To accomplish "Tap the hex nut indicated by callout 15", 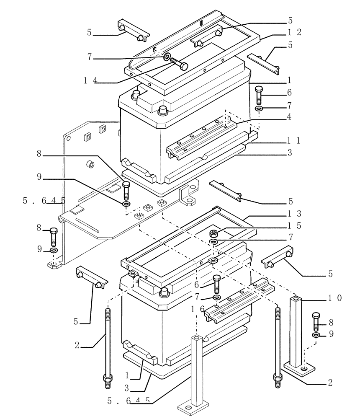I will coord(213,233).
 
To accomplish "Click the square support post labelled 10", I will coord(296,331).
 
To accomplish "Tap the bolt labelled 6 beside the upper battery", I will coord(258,95).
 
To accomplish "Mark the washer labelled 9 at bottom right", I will coord(316,336).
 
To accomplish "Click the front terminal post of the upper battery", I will coord(162,110).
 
